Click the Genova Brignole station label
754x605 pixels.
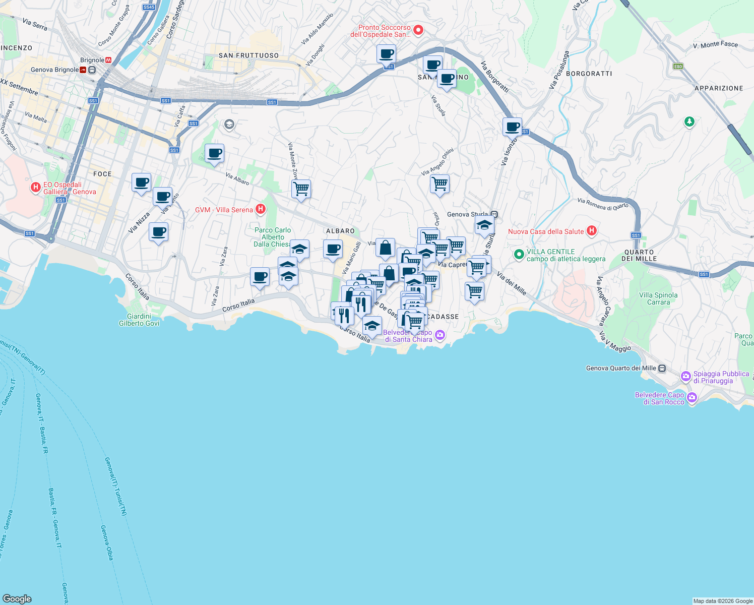54,70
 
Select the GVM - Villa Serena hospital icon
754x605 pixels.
261,209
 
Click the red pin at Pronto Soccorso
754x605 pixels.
418,30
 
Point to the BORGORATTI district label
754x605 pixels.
589,74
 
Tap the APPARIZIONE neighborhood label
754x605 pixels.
718,88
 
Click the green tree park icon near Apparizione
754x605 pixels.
689,122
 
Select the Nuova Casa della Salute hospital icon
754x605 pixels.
592,231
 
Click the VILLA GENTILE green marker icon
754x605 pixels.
519,255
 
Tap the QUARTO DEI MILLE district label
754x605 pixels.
639,255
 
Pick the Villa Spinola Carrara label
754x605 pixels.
658,298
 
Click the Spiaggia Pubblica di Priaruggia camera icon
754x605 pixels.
685,376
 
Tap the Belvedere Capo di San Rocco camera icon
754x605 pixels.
692,398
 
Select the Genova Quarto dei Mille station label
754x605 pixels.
621,368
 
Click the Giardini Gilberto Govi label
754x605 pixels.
139,320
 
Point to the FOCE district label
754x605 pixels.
102,174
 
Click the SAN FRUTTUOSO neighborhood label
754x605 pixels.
248,55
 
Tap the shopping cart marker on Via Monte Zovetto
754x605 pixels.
301,189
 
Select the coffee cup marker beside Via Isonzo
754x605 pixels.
512,127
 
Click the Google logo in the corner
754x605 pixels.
17,598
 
